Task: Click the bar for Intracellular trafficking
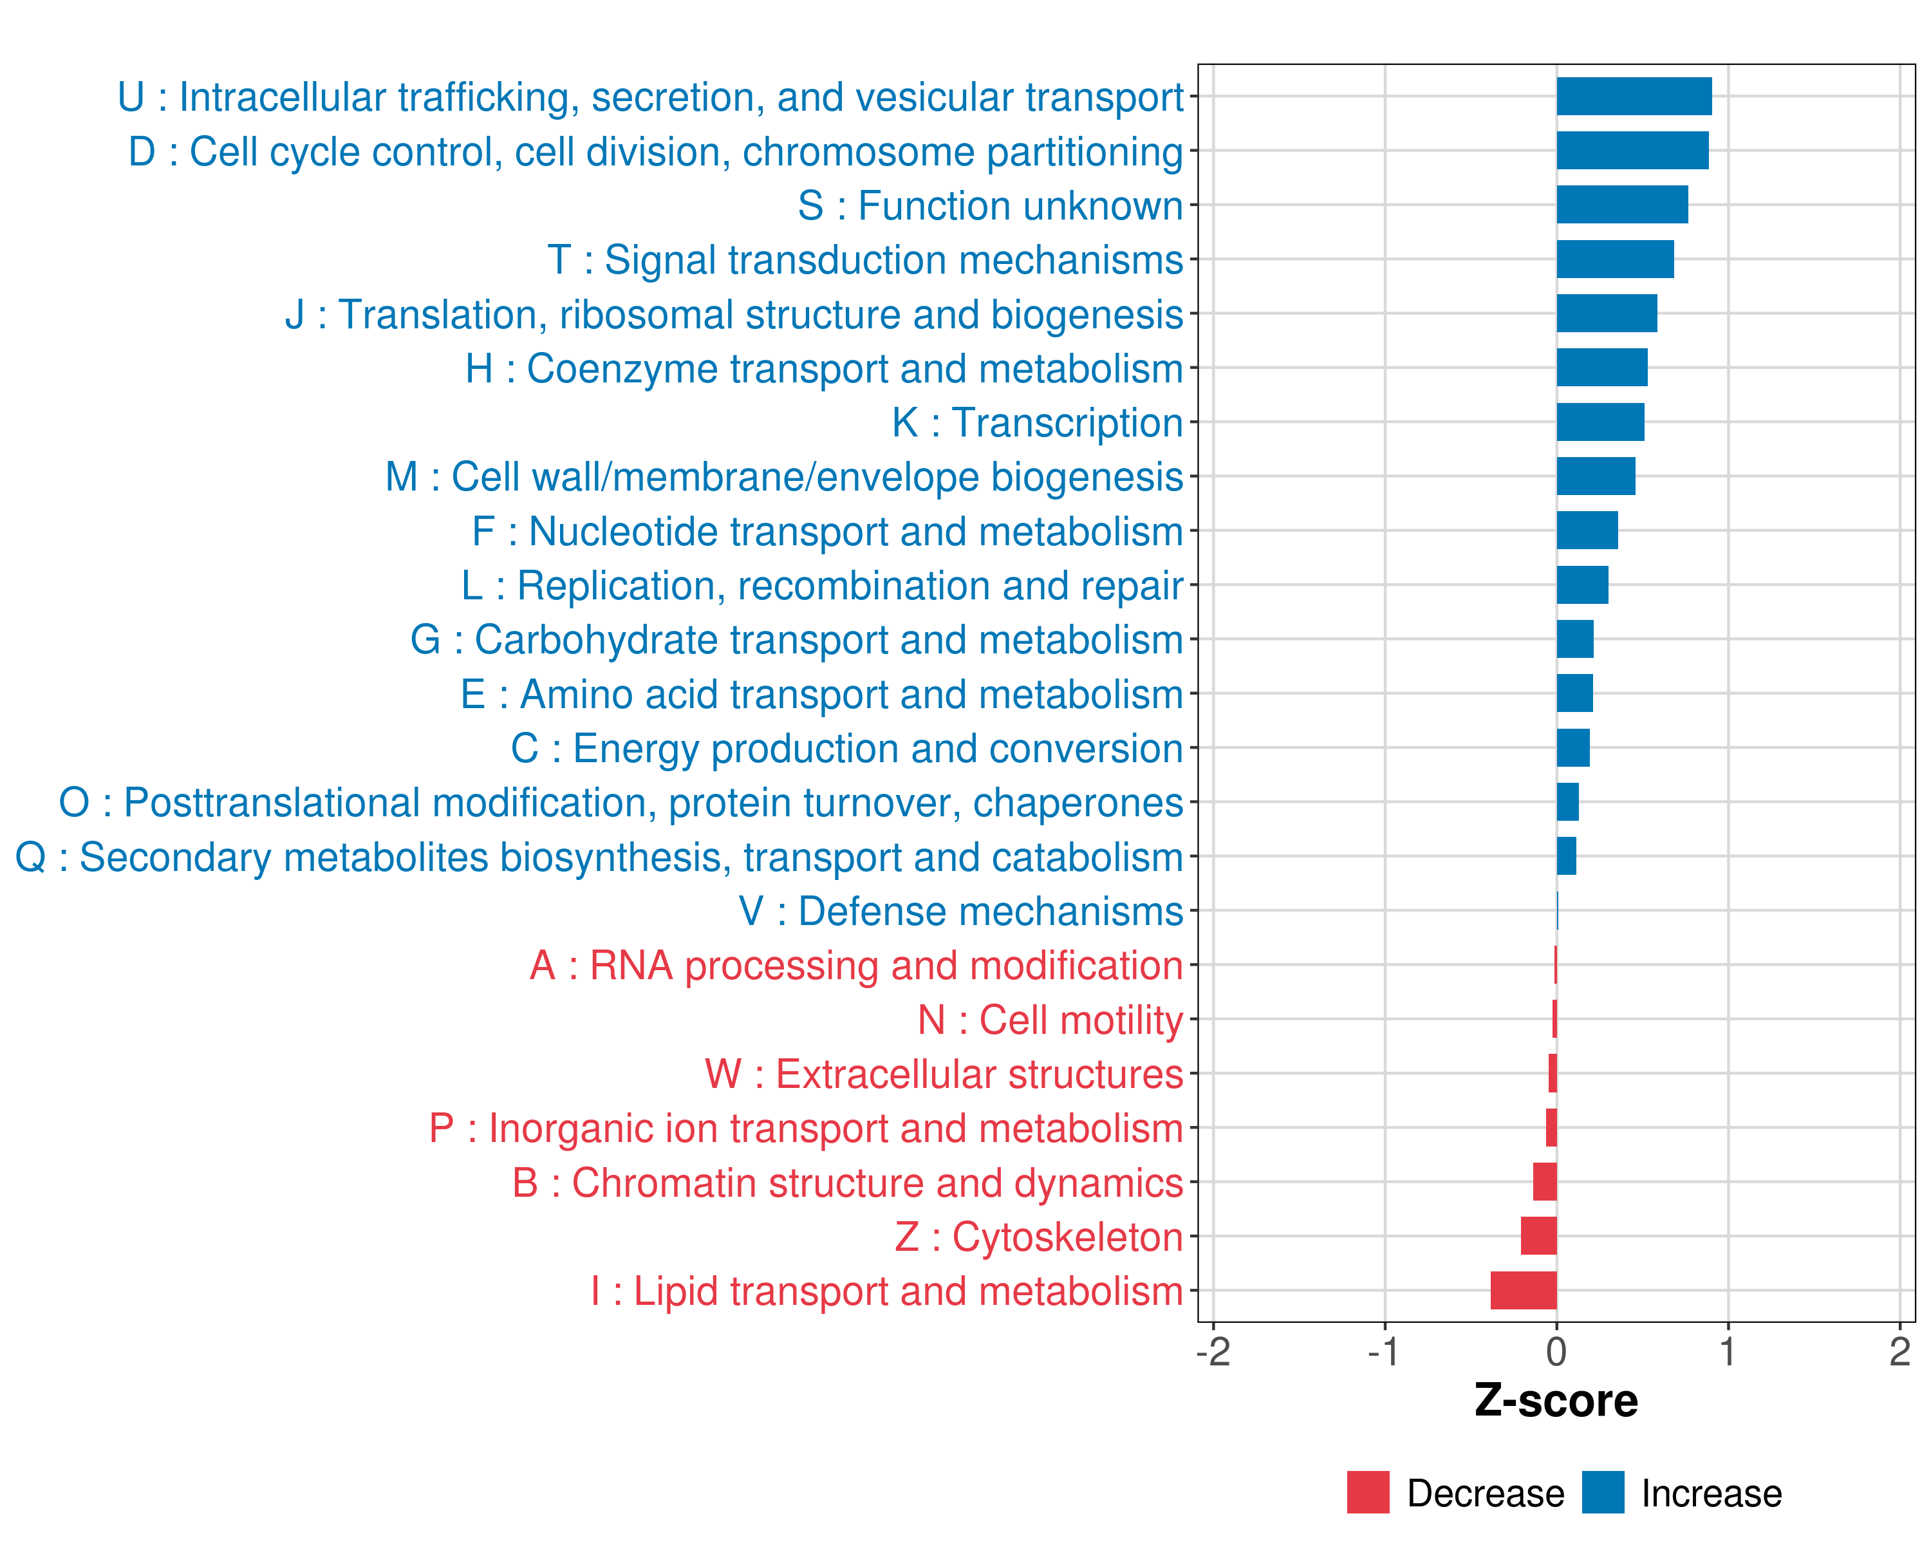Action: coord(1634,97)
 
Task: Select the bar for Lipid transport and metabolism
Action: coord(1524,1291)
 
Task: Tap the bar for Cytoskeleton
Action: coord(1539,1236)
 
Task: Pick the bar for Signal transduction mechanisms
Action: coord(1615,259)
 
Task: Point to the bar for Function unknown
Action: coord(1622,205)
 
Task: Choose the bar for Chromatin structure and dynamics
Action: coord(1545,1183)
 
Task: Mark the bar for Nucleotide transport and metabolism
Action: coord(1587,530)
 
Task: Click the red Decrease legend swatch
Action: coord(1368,1492)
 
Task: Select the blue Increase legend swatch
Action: coord(1602,1492)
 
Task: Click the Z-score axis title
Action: coord(1556,1401)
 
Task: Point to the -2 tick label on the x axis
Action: coord(1213,1351)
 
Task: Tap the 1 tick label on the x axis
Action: coord(1728,1351)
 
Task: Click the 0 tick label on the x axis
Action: coord(1556,1351)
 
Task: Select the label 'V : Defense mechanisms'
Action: coord(960,912)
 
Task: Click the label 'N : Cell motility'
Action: coord(1050,1020)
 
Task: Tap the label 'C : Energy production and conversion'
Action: coord(846,749)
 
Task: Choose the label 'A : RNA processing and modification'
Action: coord(855,966)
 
